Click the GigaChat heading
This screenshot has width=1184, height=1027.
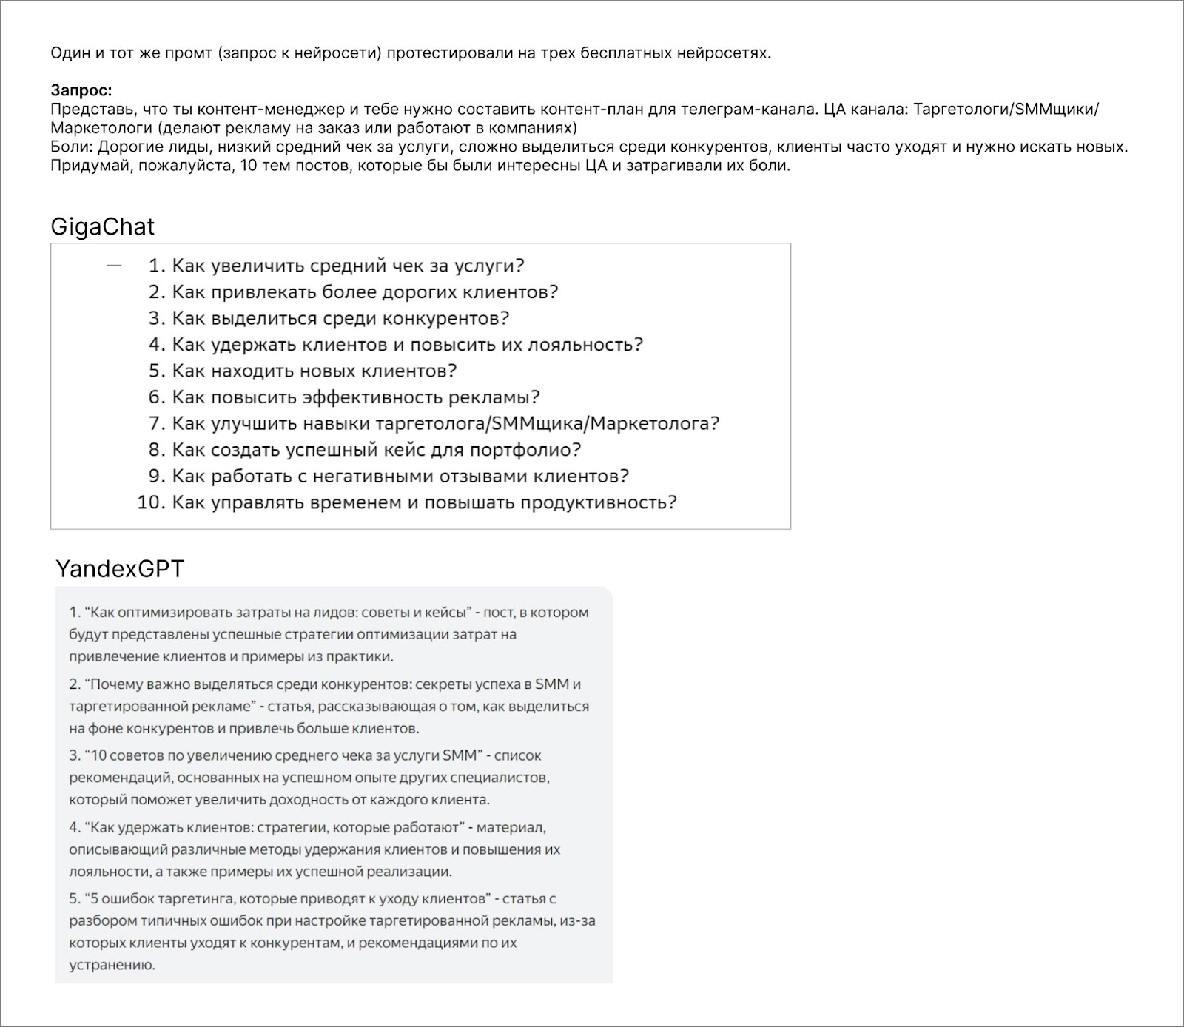[x=102, y=226]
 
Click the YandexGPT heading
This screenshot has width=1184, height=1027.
[x=119, y=569]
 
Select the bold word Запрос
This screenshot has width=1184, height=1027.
[x=81, y=90]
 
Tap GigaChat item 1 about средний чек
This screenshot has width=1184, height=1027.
[x=348, y=266]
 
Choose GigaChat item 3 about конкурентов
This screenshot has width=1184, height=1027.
[x=340, y=318]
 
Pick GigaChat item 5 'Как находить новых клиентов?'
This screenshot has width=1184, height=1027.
[x=314, y=371]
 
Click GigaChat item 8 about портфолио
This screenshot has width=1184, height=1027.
[x=376, y=450]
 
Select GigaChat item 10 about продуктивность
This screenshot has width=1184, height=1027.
[x=424, y=502]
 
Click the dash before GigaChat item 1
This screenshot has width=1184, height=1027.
[x=114, y=265]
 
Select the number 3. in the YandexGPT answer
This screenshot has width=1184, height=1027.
[x=75, y=756]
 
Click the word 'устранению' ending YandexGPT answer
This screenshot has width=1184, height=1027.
[x=112, y=966]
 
